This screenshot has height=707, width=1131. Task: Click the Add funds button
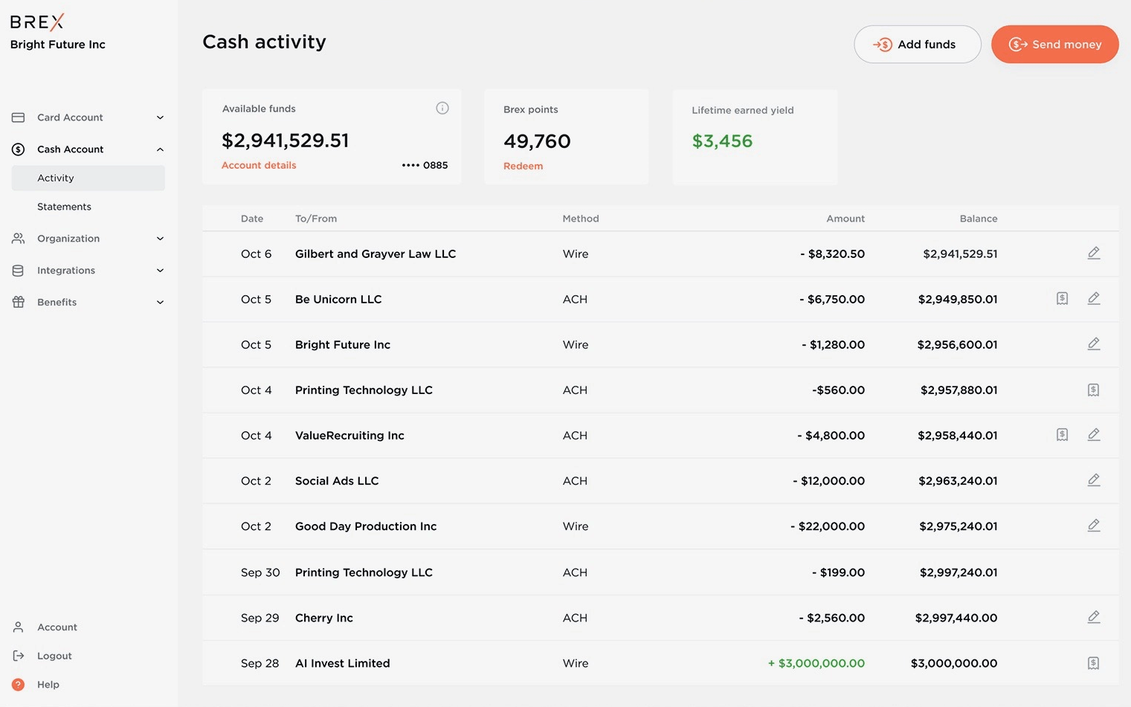(x=917, y=45)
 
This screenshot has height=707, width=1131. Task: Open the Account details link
(x=259, y=165)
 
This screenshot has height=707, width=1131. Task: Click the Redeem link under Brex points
(x=523, y=166)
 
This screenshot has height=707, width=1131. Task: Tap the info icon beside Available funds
(x=442, y=109)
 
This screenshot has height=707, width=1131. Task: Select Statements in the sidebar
(x=64, y=207)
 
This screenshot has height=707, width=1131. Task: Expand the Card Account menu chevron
(x=160, y=117)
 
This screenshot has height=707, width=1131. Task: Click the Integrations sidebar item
(x=66, y=271)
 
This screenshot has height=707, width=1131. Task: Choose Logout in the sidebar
(x=54, y=656)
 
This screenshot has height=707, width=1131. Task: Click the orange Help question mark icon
(x=19, y=685)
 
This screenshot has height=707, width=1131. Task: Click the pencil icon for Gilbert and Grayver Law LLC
(x=1093, y=254)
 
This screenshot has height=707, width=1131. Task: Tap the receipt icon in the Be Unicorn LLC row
(x=1062, y=299)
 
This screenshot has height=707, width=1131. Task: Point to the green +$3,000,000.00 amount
(x=816, y=663)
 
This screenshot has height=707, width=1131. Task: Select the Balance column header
(x=978, y=219)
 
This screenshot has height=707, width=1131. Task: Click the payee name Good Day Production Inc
(x=366, y=526)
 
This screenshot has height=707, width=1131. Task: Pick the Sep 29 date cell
(x=260, y=618)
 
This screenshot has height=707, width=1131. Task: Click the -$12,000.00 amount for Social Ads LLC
(x=828, y=481)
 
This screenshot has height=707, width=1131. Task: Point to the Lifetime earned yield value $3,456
(x=722, y=141)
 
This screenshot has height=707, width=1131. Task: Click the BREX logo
(x=37, y=22)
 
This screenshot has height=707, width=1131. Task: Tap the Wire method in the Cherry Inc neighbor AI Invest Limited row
(x=576, y=663)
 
